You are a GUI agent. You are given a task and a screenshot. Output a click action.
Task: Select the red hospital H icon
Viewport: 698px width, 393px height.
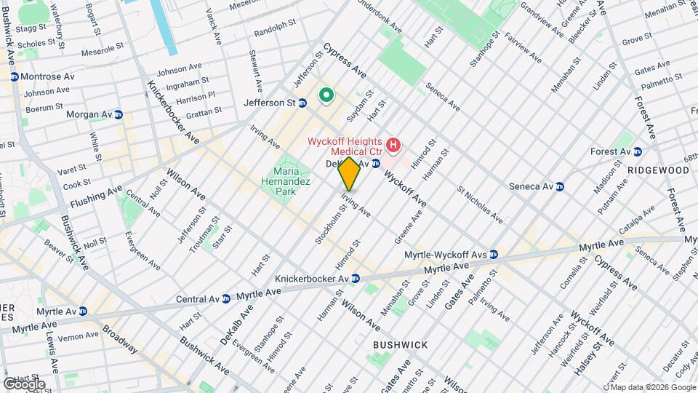tap(393, 146)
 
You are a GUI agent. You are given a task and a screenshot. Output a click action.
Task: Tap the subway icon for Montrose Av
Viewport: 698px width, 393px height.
tap(14, 76)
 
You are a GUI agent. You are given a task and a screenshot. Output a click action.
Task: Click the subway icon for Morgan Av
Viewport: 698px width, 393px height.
tap(119, 115)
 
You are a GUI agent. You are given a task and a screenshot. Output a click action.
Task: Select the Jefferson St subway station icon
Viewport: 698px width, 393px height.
tap(302, 103)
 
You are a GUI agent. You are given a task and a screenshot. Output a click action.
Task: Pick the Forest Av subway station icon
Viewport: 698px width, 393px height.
tap(638, 151)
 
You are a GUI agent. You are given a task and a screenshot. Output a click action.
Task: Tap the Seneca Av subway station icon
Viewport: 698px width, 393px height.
tap(560, 186)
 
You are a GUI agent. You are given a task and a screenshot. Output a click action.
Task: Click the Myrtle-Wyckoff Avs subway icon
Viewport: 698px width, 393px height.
tap(494, 255)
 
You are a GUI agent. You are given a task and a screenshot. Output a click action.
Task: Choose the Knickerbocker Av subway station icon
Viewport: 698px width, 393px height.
tap(356, 279)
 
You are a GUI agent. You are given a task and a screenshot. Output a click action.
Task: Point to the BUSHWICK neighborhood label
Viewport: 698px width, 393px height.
tap(400, 344)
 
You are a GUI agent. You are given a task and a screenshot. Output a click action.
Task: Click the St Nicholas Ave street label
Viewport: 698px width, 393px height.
tap(479, 205)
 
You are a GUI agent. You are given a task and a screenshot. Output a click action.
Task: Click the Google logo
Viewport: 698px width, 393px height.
tap(23, 384)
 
